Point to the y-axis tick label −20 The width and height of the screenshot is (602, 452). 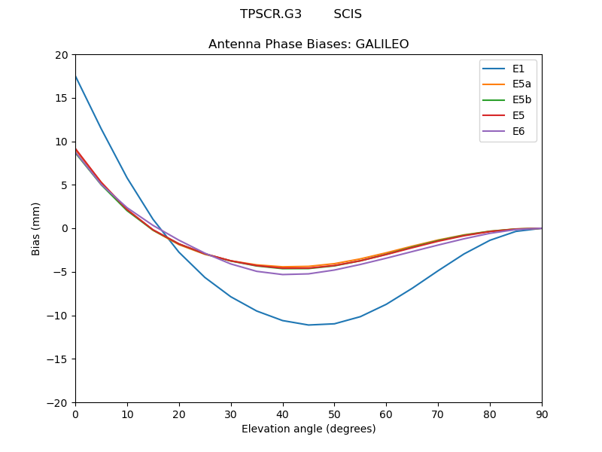[59, 402]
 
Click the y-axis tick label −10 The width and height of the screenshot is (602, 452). [59, 316]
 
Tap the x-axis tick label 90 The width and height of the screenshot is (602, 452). [542, 414]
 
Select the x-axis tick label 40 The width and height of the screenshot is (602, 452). [283, 414]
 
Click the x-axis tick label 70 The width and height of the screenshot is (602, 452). [438, 414]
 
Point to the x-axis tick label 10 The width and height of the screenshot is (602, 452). [127, 414]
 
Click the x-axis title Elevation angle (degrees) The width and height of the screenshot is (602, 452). [309, 429]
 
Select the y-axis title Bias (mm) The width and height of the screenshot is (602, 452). [36, 228]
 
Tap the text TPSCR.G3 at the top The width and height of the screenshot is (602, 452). [271, 14]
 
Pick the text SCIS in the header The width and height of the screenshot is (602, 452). [348, 14]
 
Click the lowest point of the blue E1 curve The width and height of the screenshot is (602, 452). [309, 325]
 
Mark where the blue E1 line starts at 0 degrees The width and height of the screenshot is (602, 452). [76, 77]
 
